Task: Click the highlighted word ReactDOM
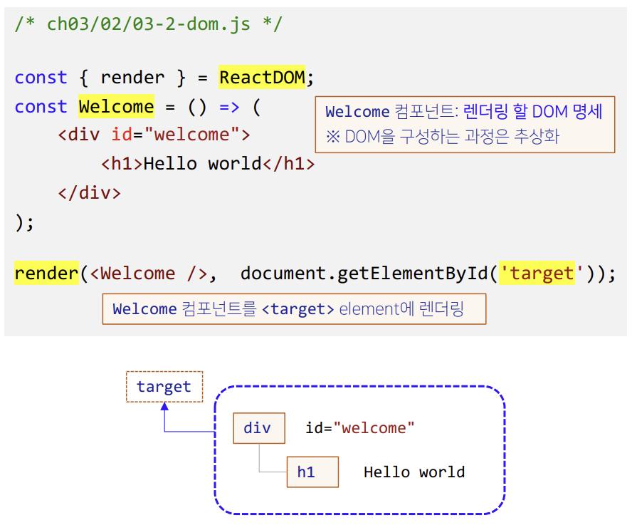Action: point(262,77)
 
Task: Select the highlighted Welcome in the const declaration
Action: point(116,107)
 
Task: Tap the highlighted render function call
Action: point(46,274)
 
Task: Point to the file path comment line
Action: point(148,24)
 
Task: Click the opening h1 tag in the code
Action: point(122,164)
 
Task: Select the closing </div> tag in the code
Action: point(89,192)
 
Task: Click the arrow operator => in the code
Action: point(229,107)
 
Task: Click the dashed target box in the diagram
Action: point(164,387)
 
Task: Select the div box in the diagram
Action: point(258,428)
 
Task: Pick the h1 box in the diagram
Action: point(312,472)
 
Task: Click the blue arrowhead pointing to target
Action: point(164,407)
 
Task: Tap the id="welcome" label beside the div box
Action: point(359,428)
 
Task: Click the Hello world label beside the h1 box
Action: point(414,472)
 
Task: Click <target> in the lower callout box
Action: point(297,310)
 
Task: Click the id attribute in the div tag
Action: point(121,135)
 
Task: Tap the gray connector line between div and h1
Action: point(260,459)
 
